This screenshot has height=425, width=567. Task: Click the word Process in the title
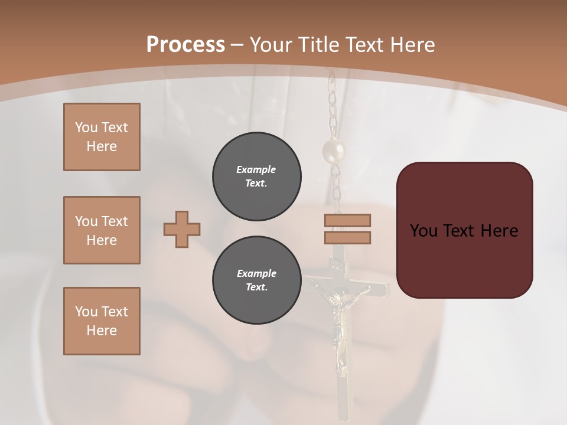185,44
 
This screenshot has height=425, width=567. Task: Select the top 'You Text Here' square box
102,137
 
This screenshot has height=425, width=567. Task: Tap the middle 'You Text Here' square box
102,230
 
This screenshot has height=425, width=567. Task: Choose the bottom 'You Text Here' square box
102,321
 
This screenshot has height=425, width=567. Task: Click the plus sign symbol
182,229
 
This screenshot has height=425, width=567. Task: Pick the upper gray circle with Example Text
256,176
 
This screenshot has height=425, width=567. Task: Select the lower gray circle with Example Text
256,280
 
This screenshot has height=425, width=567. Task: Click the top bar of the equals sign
347,220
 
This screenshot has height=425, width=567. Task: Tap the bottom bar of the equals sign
347,237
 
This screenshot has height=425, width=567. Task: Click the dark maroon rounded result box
464,230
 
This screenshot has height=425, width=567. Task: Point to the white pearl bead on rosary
333,152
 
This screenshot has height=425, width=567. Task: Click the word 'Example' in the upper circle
256,169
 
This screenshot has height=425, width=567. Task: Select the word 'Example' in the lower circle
256,273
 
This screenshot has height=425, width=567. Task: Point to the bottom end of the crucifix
341,413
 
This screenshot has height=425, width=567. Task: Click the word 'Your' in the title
271,44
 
